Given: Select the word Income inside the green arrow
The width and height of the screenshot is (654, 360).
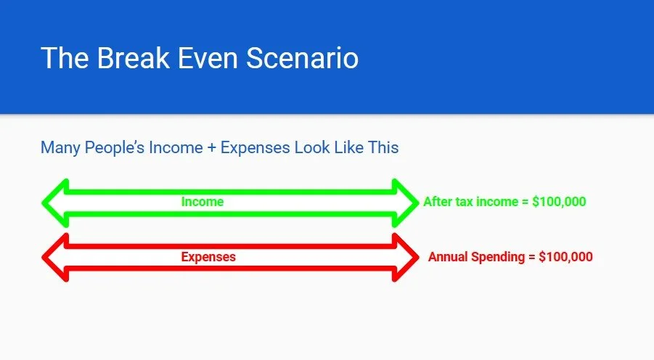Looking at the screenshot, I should pyautogui.click(x=203, y=202).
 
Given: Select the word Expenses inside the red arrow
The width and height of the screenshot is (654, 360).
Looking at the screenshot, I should pyautogui.click(x=208, y=256).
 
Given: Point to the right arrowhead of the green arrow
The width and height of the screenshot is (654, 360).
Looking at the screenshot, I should pyautogui.click(x=404, y=202).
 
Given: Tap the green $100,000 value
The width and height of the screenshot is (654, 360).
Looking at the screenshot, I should pyautogui.click(x=559, y=202).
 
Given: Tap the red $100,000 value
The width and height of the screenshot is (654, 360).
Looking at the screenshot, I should pyautogui.click(x=565, y=257).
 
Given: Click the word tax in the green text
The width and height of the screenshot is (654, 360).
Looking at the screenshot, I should pyautogui.click(x=465, y=202).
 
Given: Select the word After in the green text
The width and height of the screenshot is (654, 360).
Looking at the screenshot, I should pyautogui.click(x=438, y=202).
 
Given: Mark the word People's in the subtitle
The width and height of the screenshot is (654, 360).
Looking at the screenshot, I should pyautogui.click(x=115, y=148).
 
